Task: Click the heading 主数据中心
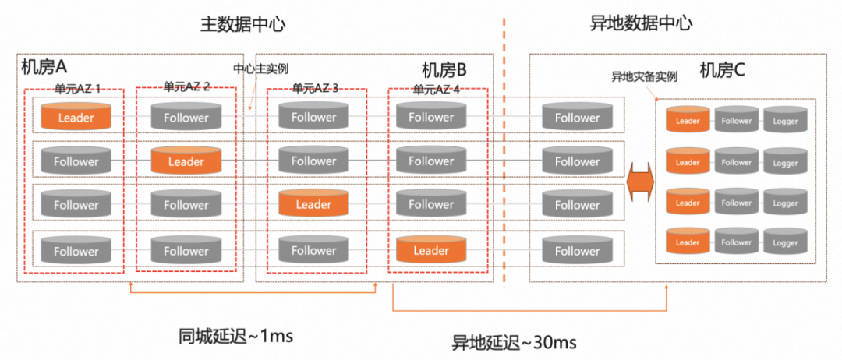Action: pos(242,23)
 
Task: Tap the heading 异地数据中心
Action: pos(640,23)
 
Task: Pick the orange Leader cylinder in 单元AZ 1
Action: pos(76,118)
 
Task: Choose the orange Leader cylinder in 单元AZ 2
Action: pos(186,161)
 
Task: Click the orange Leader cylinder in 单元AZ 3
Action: pos(313,205)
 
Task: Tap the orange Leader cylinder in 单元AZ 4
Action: pos(431,250)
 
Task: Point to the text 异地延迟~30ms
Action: pos(515,342)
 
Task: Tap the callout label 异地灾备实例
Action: pos(643,77)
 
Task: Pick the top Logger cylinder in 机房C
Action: pos(785,121)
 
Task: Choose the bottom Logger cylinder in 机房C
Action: pos(785,242)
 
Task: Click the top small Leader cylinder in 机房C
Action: pos(688,121)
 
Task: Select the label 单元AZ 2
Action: pos(187,86)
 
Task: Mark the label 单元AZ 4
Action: pos(437,89)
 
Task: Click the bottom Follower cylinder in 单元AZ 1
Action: pos(76,251)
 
